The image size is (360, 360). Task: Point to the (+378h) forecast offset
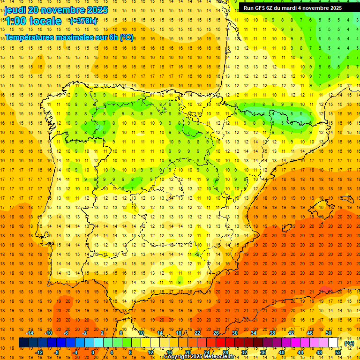tap(83, 21)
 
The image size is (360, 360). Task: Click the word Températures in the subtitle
tap(32, 37)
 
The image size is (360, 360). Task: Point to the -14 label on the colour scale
tap(30, 333)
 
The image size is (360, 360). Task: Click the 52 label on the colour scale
tap(338, 352)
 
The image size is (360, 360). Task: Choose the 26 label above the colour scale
tap(216, 333)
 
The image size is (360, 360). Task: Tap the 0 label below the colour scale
tap(92, 352)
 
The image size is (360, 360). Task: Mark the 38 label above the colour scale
tap(272, 333)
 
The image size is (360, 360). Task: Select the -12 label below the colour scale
tap(39, 352)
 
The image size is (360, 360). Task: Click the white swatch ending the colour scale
tap(333, 343)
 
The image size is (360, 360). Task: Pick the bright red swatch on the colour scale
tap(221, 343)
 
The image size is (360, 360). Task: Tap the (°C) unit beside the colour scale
tap(349, 343)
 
